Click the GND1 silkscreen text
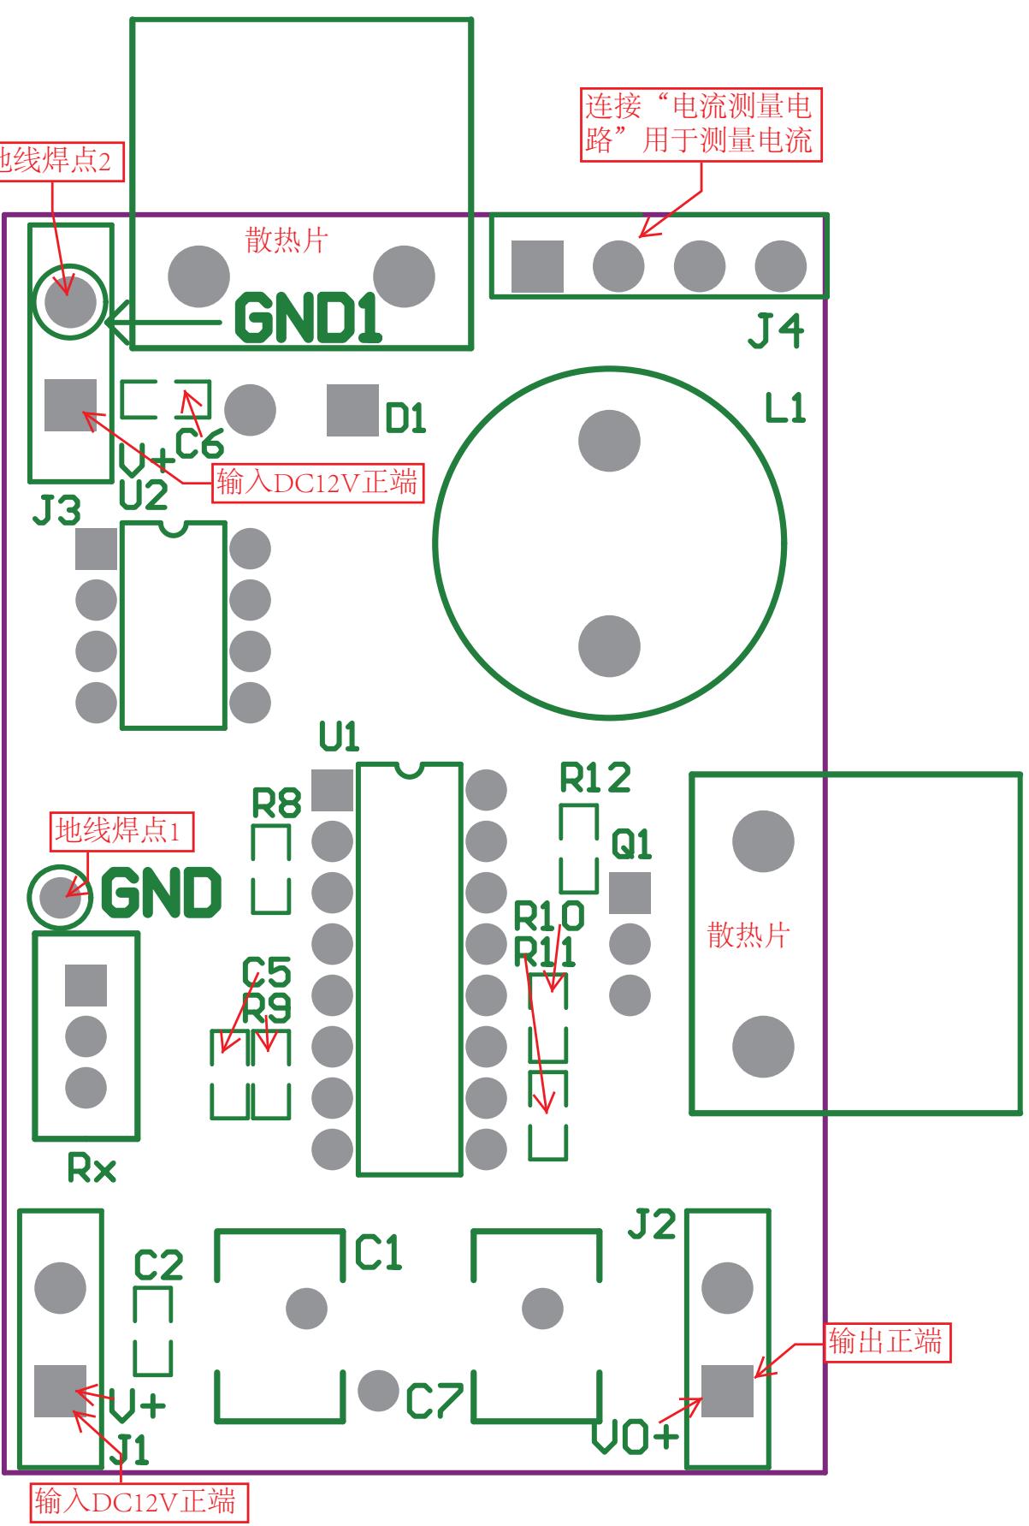tap(308, 318)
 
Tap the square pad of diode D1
tap(352, 410)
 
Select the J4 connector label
tap(776, 331)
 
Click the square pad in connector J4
tap(537, 266)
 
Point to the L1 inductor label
tap(785, 408)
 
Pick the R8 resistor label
tap(276, 803)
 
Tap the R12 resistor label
tap(595, 777)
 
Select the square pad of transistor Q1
tap(630, 893)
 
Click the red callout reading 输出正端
tap(885, 1341)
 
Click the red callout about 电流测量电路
tap(700, 123)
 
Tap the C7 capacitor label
tap(434, 1401)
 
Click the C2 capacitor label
tap(159, 1265)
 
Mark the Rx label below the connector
tap(92, 1168)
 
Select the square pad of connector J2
tap(727, 1391)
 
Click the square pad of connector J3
tap(70, 406)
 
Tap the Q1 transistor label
tap(631, 845)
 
